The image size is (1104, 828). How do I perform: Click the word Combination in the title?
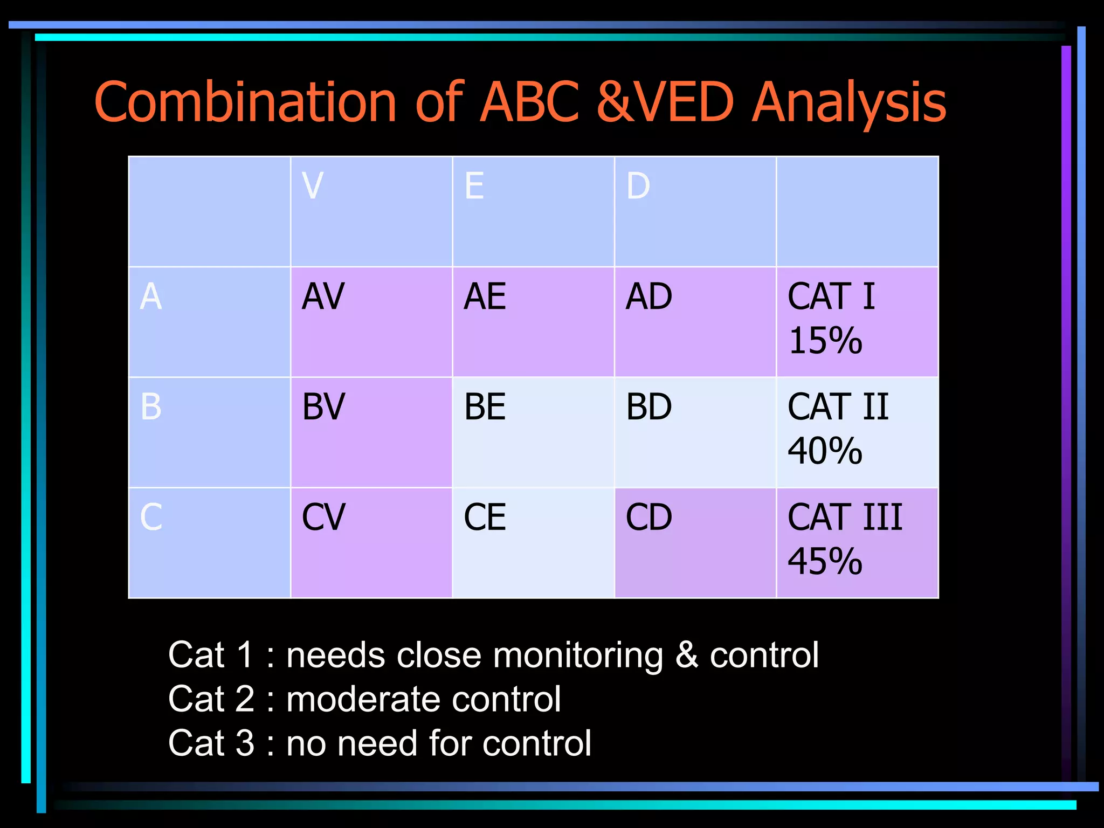[246, 102]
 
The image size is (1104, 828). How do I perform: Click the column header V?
[313, 186]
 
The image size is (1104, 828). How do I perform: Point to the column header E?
[474, 186]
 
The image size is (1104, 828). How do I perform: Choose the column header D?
[638, 186]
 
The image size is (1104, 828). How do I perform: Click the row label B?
[151, 407]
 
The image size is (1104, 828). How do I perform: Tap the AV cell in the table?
[323, 296]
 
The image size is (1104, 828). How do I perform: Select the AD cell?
[648, 296]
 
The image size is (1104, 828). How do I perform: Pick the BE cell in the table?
[485, 407]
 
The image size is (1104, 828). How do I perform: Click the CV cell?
[323, 517]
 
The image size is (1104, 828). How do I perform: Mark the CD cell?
[648, 517]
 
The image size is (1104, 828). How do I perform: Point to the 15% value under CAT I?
[825, 341]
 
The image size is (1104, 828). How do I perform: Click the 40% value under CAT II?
[825, 451]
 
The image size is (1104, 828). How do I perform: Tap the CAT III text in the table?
[844, 517]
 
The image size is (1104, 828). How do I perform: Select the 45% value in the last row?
[825, 562]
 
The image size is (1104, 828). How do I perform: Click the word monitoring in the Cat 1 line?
[577, 656]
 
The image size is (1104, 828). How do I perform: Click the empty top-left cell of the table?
[209, 211]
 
